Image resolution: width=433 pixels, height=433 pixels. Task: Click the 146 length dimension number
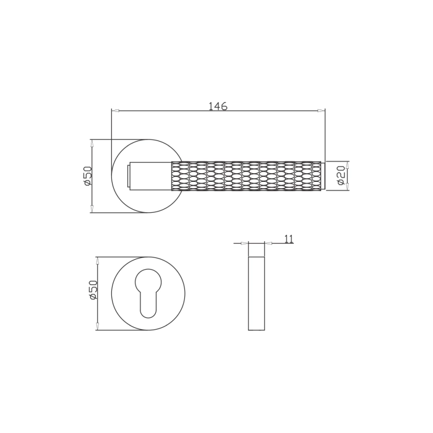(218, 106)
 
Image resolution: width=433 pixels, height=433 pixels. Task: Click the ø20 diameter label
(340, 176)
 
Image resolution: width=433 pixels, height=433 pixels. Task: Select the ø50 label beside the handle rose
(87, 176)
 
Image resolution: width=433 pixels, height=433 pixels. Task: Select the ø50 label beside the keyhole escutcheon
(93, 290)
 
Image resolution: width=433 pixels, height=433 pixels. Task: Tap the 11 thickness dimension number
(289, 239)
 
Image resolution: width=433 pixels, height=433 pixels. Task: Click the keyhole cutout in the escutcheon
(148, 291)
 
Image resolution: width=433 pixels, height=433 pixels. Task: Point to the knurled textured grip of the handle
(246, 176)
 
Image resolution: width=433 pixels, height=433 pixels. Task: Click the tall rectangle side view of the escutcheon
(256, 293)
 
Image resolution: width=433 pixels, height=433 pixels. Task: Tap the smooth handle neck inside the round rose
(150, 176)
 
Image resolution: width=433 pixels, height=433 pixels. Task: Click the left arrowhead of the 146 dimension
(116, 111)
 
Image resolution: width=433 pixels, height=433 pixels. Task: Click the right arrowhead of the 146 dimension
(320, 111)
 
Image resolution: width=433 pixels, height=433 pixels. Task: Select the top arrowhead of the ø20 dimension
(347, 165)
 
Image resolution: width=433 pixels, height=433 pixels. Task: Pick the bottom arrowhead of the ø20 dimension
(347, 187)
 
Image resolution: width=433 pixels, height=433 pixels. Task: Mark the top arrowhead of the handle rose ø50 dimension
(92, 144)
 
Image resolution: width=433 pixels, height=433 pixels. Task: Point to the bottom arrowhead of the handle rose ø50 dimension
(92, 208)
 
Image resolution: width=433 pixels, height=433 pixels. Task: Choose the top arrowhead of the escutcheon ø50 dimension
(97, 261)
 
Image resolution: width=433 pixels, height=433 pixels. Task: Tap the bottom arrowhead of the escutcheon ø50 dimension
(97, 326)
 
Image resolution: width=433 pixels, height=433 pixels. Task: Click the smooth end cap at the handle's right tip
(323, 176)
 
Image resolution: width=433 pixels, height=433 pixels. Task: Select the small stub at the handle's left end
(129, 176)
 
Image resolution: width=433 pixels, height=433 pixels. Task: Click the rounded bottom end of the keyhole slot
(148, 313)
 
